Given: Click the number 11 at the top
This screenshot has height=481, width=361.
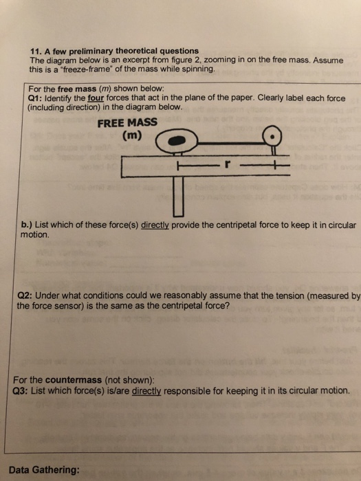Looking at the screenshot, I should (36, 51).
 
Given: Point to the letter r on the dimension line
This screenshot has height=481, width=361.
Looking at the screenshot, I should (223, 166).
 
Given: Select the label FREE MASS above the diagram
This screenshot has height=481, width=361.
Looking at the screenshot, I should (127, 123).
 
